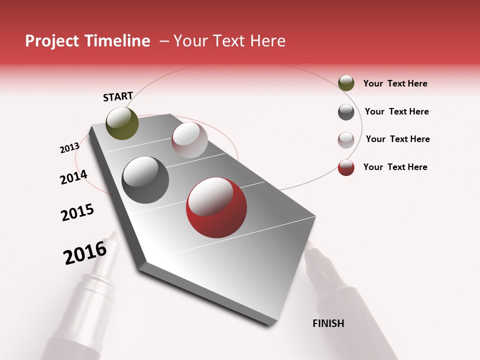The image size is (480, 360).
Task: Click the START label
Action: coord(118,96)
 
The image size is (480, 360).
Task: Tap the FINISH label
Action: coord(328,323)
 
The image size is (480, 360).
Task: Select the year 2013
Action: coord(69,148)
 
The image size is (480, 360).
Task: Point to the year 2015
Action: coord(77,212)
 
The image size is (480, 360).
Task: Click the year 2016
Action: coord(85,253)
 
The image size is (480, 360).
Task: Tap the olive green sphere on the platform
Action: coord(122,123)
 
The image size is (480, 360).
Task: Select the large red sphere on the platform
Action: coord(216,207)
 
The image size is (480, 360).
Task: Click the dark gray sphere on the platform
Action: coord(145,180)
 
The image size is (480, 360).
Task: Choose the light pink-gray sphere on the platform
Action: coord(189,140)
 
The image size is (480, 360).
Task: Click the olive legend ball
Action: coord(346,83)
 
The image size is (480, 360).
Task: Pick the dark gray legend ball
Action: coord(346,112)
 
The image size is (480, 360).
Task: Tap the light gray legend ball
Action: coord(346,140)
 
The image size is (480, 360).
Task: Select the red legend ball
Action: coord(346,167)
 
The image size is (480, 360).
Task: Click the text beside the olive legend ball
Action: coord(395,83)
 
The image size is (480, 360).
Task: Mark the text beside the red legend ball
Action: coord(395,167)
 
